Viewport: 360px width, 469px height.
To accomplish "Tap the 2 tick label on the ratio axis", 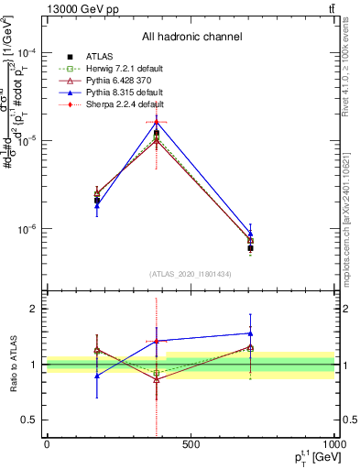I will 33,309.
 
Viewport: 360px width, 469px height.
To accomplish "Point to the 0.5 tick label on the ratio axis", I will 29,420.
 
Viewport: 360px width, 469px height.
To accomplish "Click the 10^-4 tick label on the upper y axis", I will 27,53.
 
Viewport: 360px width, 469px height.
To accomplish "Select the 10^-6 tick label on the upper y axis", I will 27,229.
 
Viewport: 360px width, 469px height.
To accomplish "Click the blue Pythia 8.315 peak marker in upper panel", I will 157,120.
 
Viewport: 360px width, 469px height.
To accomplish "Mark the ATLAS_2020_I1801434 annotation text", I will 191,274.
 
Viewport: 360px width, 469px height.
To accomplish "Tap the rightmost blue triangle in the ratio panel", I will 250,333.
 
